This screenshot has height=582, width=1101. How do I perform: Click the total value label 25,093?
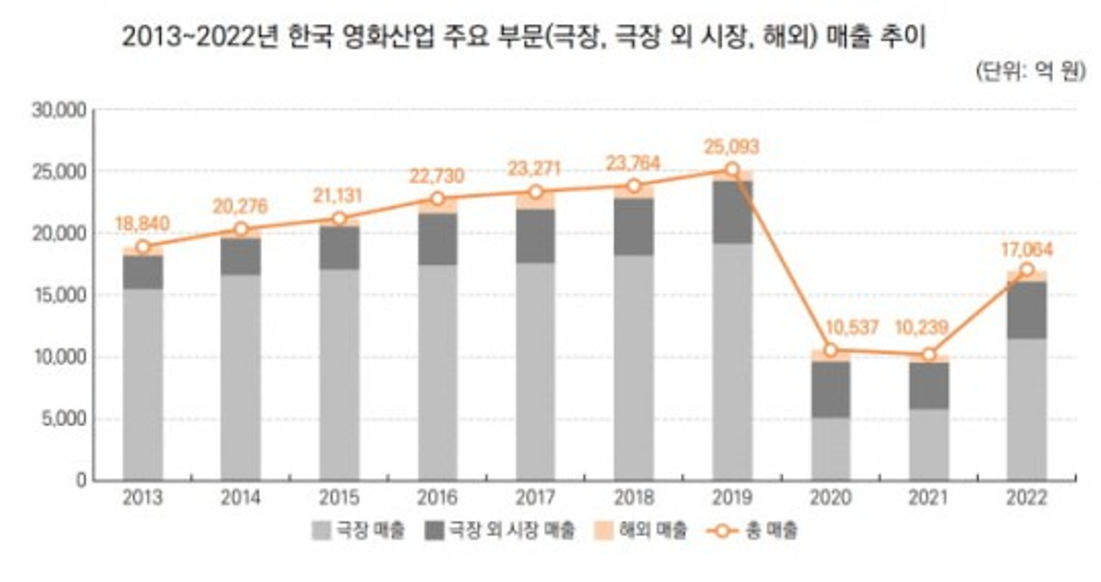[x=731, y=147]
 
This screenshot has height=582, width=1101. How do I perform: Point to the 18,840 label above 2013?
[x=142, y=224]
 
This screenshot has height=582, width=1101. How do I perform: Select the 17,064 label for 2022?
[x=1027, y=250]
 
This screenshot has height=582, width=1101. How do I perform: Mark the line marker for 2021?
[x=928, y=355]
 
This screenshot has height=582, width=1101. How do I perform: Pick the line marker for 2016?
[x=437, y=199]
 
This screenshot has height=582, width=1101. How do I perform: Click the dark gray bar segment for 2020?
[x=830, y=389]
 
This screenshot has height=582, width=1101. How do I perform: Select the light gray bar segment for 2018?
[x=634, y=367]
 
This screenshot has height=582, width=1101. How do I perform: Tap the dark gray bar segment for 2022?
[x=1027, y=310]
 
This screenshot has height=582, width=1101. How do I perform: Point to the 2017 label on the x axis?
[x=536, y=499]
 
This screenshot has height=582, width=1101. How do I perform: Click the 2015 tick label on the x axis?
[x=339, y=499]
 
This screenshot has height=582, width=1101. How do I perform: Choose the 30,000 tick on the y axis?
[x=58, y=110]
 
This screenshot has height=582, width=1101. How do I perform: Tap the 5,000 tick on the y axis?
[x=62, y=419]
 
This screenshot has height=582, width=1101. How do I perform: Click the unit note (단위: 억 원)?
[x=1030, y=71]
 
